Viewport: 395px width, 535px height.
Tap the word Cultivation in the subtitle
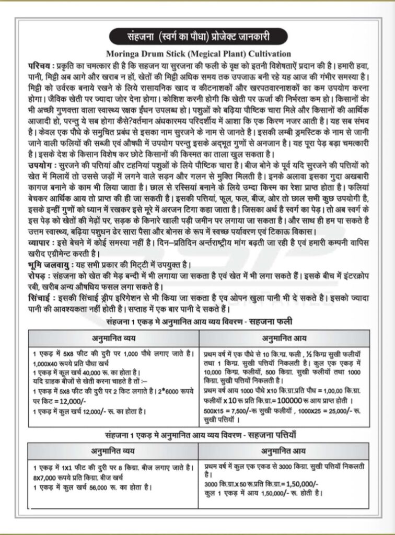pos(266,54)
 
